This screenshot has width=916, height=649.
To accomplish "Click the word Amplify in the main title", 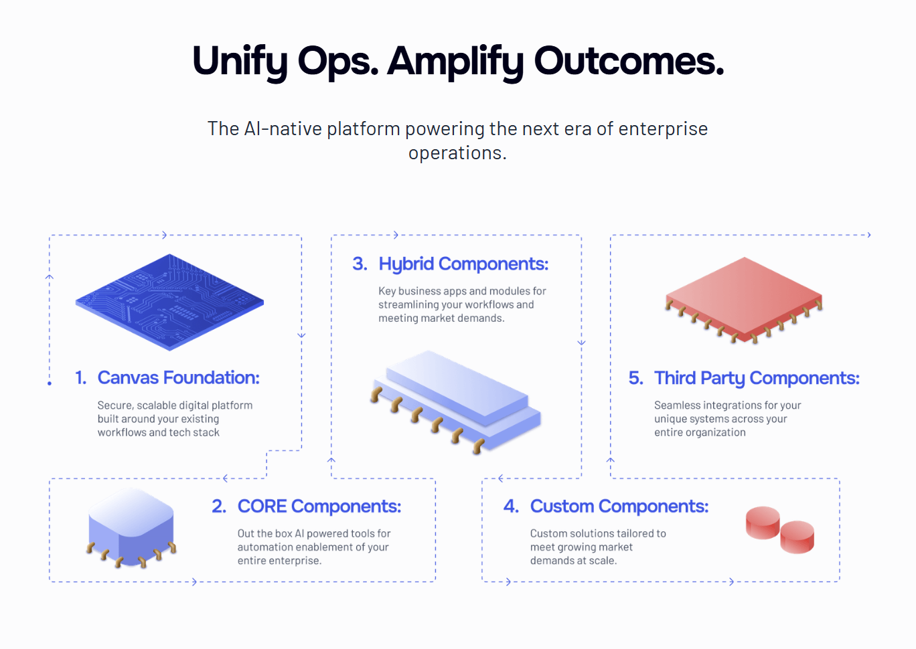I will pyautogui.click(x=455, y=62).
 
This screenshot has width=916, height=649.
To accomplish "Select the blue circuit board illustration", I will pyautogui.click(x=169, y=302).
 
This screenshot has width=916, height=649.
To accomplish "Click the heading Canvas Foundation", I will pyautogui.click(x=178, y=378).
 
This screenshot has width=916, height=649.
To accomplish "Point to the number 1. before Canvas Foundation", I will pyautogui.click(x=80, y=378).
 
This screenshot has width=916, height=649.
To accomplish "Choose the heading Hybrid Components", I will pyautogui.click(x=463, y=264).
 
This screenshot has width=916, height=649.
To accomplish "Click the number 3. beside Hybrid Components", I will pyautogui.click(x=360, y=264).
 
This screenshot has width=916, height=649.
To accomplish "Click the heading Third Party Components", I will pyautogui.click(x=757, y=379).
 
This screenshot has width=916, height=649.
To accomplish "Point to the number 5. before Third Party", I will pyautogui.click(x=635, y=379).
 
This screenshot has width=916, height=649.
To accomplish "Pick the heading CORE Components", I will pyautogui.click(x=319, y=506).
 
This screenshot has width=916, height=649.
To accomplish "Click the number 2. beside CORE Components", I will pyautogui.click(x=219, y=506).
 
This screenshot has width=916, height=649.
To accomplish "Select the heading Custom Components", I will pyautogui.click(x=619, y=506).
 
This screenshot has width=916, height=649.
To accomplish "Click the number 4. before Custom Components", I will pyautogui.click(x=511, y=506).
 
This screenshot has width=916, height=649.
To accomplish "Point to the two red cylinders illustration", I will pyautogui.click(x=780, y=530).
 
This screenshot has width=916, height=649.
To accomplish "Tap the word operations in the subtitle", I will pyautogui.click(x=457, y=153).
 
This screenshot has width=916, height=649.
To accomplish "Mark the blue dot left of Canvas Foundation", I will pyautogui.click(x=50, y=383).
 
